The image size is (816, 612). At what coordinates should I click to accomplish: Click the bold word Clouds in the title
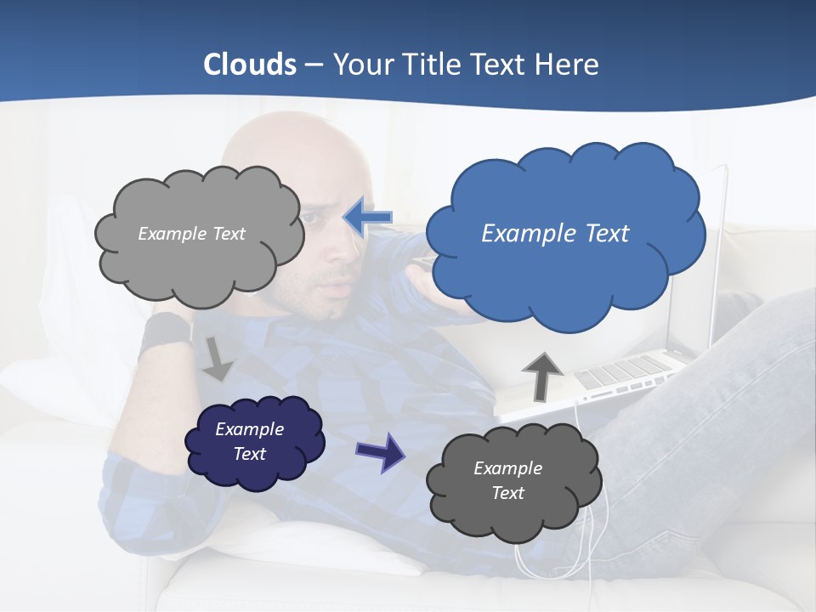pos(250,64)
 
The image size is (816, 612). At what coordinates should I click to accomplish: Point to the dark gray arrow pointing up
pos(541,375)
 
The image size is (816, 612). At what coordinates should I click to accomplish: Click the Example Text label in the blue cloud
pos(555,233)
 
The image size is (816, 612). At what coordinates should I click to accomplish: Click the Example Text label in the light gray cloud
pos(191,233)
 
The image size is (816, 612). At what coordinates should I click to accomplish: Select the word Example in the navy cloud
pos(249,429)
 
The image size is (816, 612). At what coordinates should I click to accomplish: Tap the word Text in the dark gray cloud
pos(507,493)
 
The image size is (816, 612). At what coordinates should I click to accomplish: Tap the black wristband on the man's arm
pos(164,331)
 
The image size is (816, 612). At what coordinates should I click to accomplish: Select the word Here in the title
pos(570,64)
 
